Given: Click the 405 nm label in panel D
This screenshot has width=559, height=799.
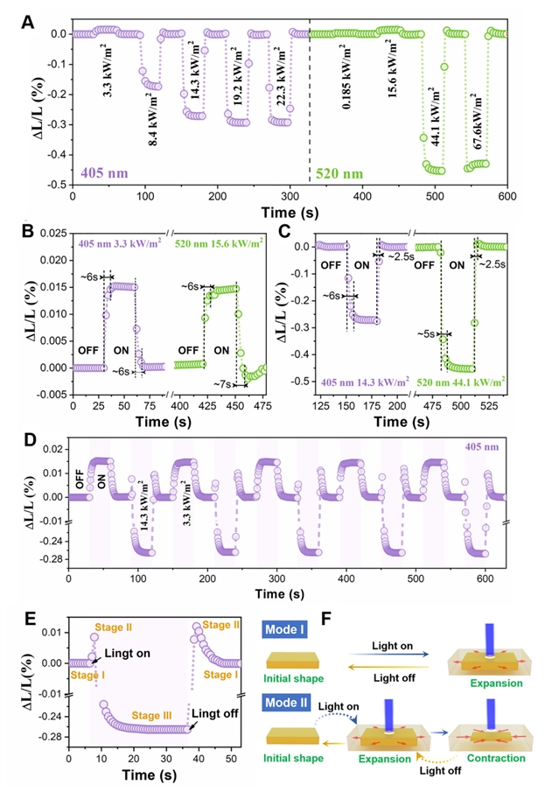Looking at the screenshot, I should click(x=517, y=448).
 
